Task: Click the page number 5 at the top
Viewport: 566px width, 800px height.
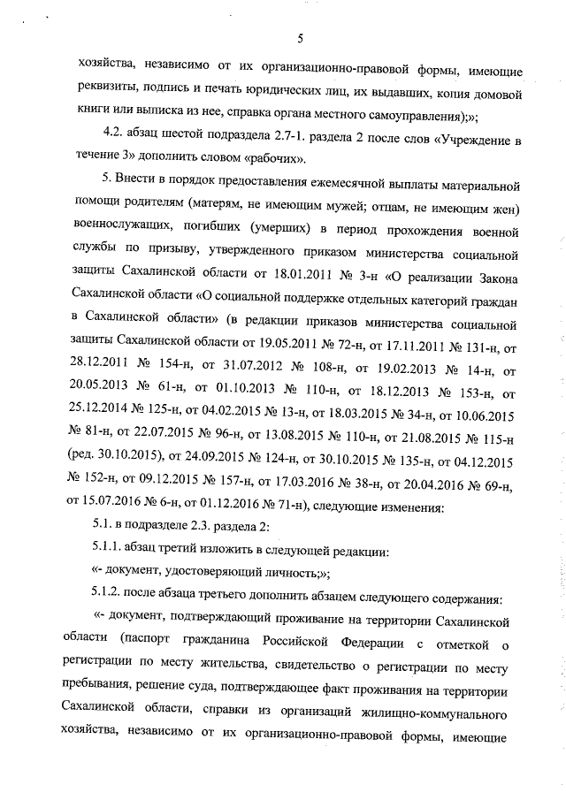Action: tap(300, 38)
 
